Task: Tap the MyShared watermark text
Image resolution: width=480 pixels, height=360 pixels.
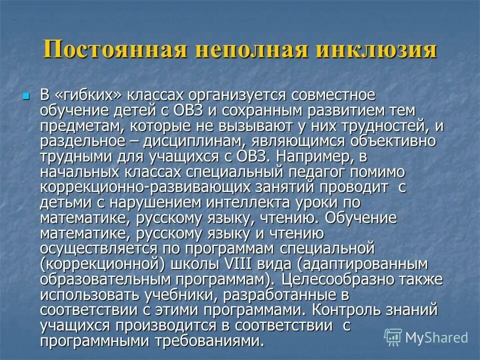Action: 437,337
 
